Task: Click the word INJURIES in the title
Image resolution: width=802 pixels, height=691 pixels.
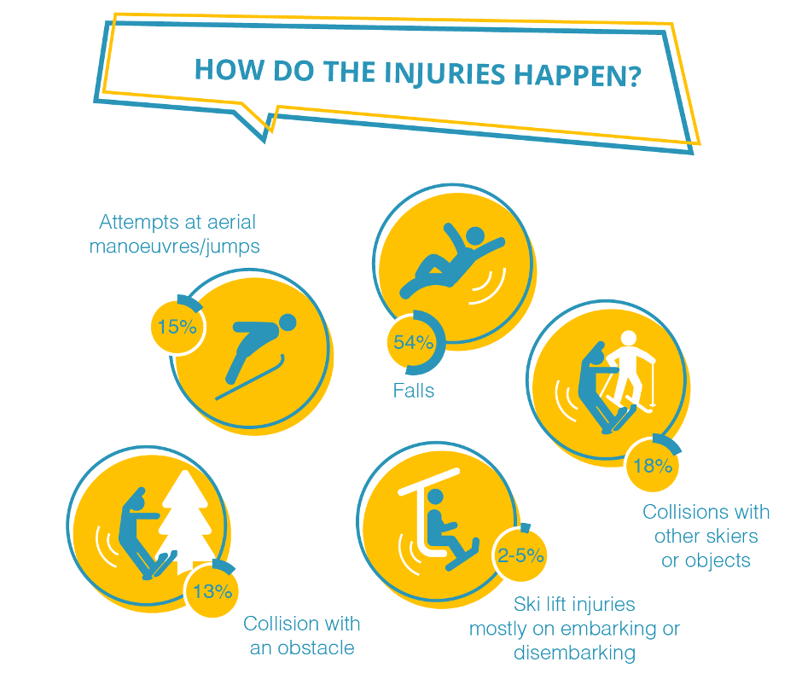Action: pyautogui.click(x=445, y=73)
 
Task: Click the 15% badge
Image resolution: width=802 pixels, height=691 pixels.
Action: pyautogui.click(x=177, y=327)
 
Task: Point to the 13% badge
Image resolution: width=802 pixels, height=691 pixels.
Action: pyautogui.click(x=212, y=590)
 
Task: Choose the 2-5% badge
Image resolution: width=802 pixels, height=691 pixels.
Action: pyautogui.click(x=520, y=555)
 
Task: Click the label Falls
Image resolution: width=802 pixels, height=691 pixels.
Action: pyautogui.click(x=413, y=391)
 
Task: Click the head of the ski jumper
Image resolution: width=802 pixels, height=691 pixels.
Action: pyautogui.click(x=288, y=322)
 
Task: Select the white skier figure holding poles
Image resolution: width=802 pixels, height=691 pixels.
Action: pyautogui.click(x=629, y=371)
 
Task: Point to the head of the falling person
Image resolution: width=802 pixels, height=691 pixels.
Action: pyautogui.click(x=475, y=235)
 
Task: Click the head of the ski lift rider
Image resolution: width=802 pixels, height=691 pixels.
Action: pyautogui.click(x=435, y=497)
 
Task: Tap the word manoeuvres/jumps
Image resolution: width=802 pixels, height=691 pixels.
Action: pyautogui.click(x=174, y=247)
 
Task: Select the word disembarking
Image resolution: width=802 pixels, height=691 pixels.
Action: pyautogui.click(x=574, y=653)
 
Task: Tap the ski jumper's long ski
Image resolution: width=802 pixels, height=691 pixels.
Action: pyautogui.click(x=250, y=377)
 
